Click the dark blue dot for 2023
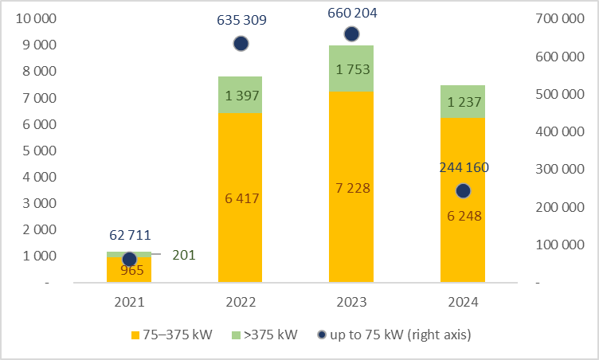point(351,33)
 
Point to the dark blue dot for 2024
point(463,191)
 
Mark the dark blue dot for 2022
point(240,44)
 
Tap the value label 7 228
point(351,189)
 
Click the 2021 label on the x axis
point(128,303)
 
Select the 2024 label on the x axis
point(463,303)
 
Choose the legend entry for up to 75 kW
point(398,335)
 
